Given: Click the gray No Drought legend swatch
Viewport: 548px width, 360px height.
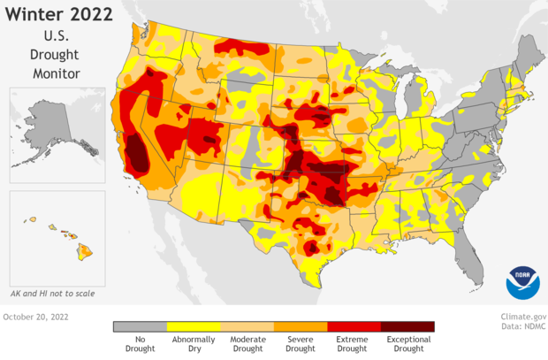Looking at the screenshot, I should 140,326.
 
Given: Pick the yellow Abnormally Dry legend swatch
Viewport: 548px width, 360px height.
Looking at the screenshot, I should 194,326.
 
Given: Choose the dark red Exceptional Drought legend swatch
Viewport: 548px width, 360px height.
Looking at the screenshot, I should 407,326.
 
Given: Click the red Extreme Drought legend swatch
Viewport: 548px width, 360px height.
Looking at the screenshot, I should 354,326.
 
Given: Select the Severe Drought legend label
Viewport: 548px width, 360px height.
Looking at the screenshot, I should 301,344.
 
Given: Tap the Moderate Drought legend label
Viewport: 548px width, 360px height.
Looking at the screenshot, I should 247,344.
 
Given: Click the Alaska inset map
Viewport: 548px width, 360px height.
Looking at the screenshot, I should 55,135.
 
